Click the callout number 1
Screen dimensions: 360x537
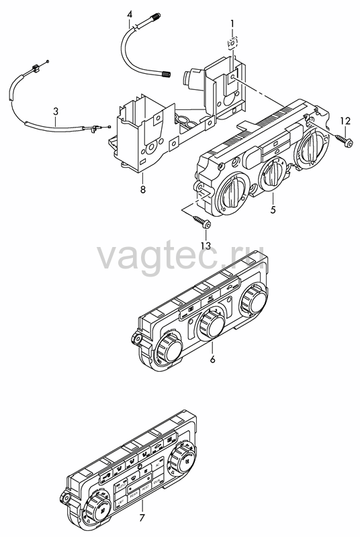tap(232, 23)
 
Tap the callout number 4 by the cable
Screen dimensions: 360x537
tap(129, 14)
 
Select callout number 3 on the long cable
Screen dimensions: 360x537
tap(56, 111)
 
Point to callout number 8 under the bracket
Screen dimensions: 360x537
tap(142, 189)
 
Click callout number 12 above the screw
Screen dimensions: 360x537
tap(345, 121)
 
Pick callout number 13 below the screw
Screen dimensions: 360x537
tap(206, 246)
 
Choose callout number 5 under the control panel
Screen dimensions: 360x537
tap(273, 209)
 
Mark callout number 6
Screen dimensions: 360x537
tap(212, 359)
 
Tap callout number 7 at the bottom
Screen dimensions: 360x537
tap(142, 518)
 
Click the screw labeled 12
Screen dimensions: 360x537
tap(344, 140)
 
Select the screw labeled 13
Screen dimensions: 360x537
tap(201, 222)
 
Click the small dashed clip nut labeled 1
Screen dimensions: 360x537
tap(232, 43)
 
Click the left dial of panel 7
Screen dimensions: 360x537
tap(98, 510)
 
